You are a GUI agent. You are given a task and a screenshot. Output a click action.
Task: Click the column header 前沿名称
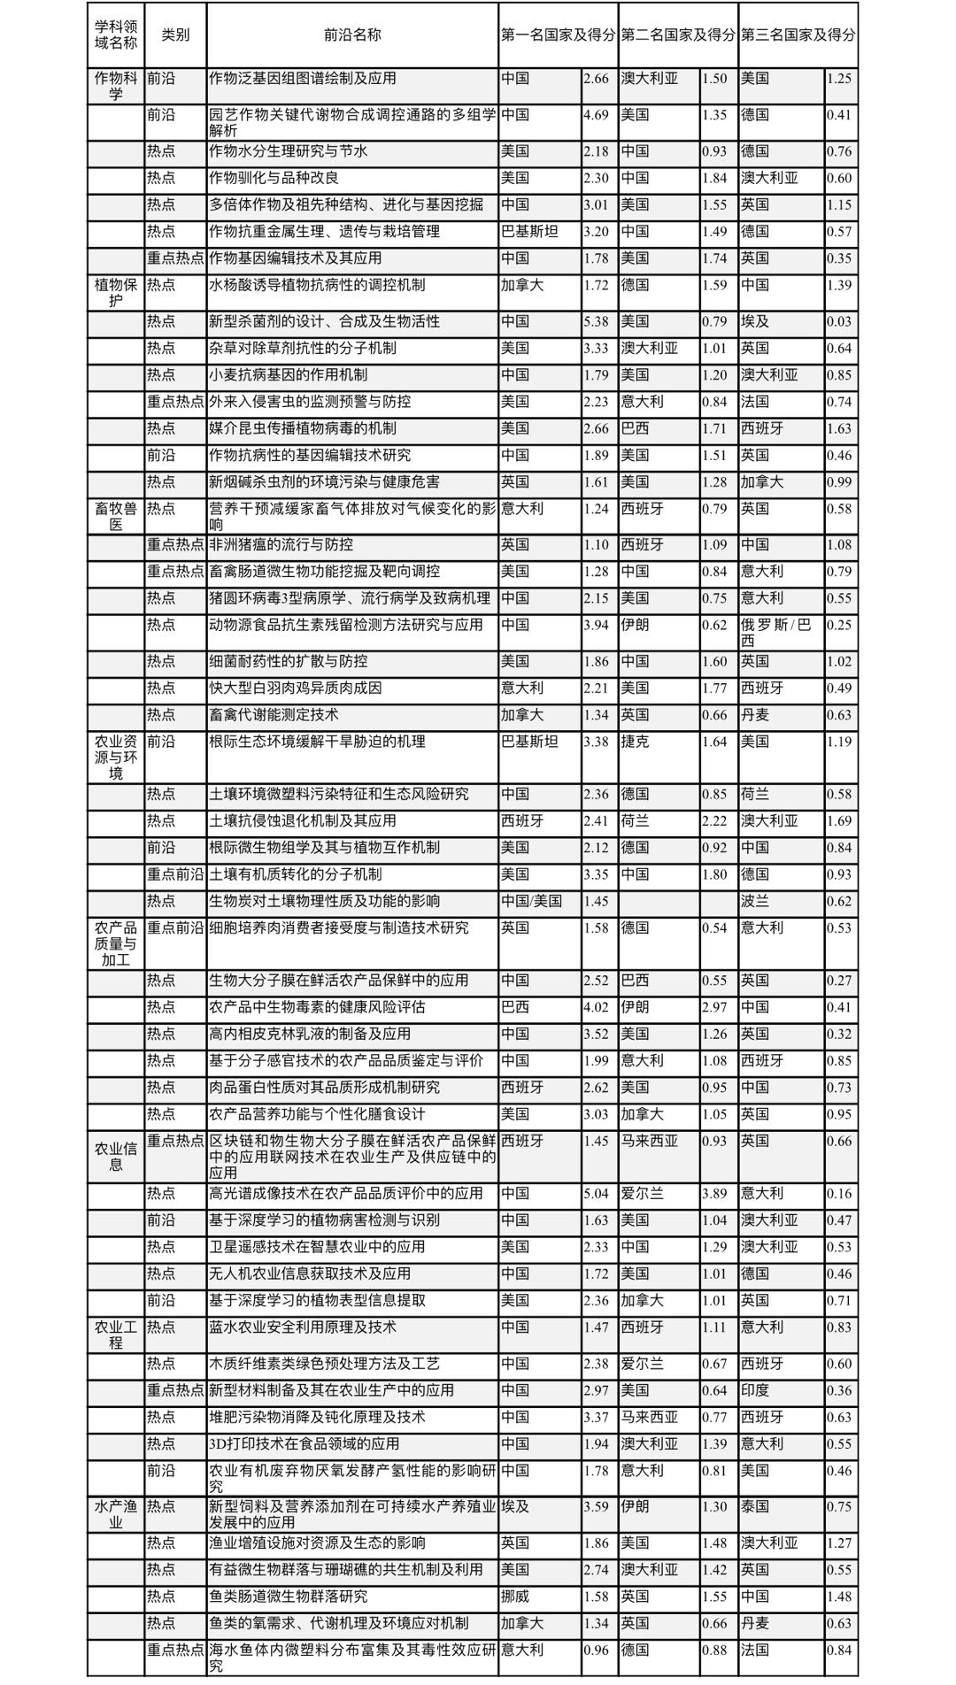(x=352, y=35)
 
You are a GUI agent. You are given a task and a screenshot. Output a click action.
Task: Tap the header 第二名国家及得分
(x=677, y=35)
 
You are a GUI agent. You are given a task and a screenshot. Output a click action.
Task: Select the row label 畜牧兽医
(x=116, y=516)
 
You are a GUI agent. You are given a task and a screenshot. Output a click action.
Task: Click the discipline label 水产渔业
(x=116, y=1514)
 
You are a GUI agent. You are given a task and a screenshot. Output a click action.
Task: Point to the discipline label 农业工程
(x=116, y=1335)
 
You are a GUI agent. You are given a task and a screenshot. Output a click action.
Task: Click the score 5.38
(x=596, y=321)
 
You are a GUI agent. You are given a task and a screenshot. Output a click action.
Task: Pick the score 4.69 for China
(x=596, y=115)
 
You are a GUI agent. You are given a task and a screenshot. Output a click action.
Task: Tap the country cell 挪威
(x=515, y=1597)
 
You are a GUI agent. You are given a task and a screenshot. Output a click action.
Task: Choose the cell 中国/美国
(x=531, y=901)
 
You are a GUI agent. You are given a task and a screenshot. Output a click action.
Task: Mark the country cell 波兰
(x=755, y=901)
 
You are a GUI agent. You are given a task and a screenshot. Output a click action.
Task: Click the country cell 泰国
(x=755, y=1506)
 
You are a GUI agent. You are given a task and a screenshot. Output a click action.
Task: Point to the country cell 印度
(x=755, y=1390)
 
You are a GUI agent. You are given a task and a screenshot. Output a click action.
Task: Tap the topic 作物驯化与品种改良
(x=274, y=178)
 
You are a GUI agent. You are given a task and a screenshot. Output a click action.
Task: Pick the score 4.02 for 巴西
(x=596, y=1007)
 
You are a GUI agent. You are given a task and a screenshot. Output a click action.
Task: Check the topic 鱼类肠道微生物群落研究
(x=288, y=1597)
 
